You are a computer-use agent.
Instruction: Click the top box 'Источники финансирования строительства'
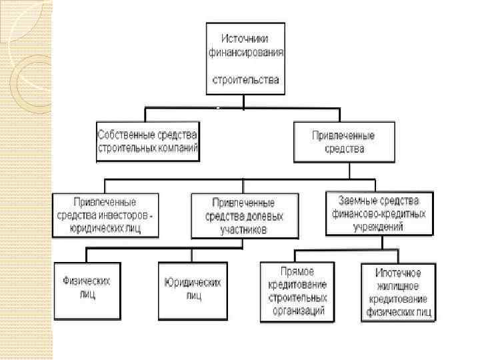pyautogui.click(x=246, y=59)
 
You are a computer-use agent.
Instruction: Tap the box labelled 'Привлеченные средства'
pyautogui.click(x=343, y=142)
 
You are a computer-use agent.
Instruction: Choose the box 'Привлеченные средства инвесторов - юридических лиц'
pyautogui.click(x=107, y=215)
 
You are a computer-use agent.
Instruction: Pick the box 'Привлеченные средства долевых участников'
pyautogui.click(x=246, y=215)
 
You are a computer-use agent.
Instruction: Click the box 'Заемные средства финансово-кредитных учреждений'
pyautogui.click(x=379, y=213)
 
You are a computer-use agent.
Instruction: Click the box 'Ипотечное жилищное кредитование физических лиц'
pyautogui.click(x=398, y=291)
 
